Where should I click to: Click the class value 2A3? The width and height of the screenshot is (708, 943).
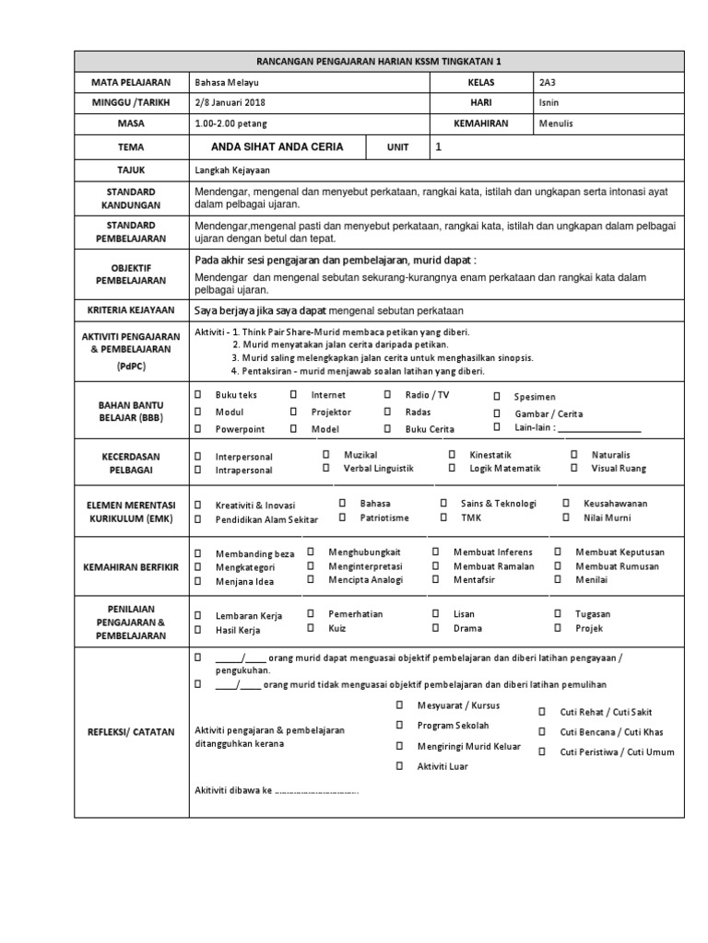coord(547,82)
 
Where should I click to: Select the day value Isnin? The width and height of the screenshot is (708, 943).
coord(549,102)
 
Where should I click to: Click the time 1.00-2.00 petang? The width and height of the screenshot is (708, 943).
coord(227,123)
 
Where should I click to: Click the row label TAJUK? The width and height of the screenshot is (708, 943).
coord(131,169)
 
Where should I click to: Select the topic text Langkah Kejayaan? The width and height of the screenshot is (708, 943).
coord(232,169)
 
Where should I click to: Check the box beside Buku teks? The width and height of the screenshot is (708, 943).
coord(197,394)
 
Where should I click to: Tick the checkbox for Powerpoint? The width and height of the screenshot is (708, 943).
coord(197,429)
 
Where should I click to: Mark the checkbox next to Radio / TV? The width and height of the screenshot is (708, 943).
coord(387,394)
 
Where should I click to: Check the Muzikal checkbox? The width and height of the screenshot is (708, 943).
coord(325,455)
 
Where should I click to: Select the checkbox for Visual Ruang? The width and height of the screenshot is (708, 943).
coord(573,468)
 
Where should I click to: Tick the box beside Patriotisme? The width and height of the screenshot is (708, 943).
coord(341,518)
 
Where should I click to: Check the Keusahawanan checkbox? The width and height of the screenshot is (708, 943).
coord(565,504)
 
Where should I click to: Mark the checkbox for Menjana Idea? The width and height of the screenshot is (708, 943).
coord(197,581)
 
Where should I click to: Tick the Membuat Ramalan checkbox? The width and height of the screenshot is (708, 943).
coord(434,565)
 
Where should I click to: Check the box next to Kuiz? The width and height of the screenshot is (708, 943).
coord(311,628)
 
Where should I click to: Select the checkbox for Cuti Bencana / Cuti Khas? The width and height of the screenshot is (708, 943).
coord(542,731)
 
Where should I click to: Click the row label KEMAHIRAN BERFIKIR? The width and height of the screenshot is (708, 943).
coord(131,565)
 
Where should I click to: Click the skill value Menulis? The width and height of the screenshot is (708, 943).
coord(555,123)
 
